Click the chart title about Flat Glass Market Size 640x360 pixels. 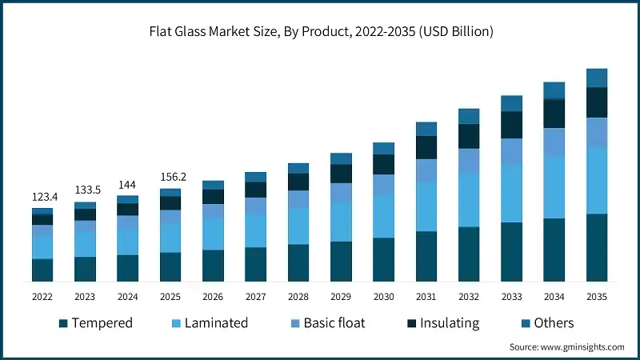click(320, 32)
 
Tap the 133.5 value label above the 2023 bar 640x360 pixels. click(85, 190)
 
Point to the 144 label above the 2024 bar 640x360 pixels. click(127, 184)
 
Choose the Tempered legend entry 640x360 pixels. click(95, 323)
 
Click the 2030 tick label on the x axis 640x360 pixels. click(383, 296)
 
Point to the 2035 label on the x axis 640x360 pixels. click(596, 296)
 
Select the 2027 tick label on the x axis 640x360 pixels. click(255, 296)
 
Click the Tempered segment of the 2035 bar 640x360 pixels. click(597, 248)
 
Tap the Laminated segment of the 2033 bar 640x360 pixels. click(511, 194)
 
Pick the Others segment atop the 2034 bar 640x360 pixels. click(554, 90)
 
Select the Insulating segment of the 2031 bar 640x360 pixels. click(426, 147)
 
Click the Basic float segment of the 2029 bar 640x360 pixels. click(341, 192)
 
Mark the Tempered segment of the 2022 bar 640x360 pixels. click(42, 270)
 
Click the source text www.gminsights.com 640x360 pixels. click(566, 347)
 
